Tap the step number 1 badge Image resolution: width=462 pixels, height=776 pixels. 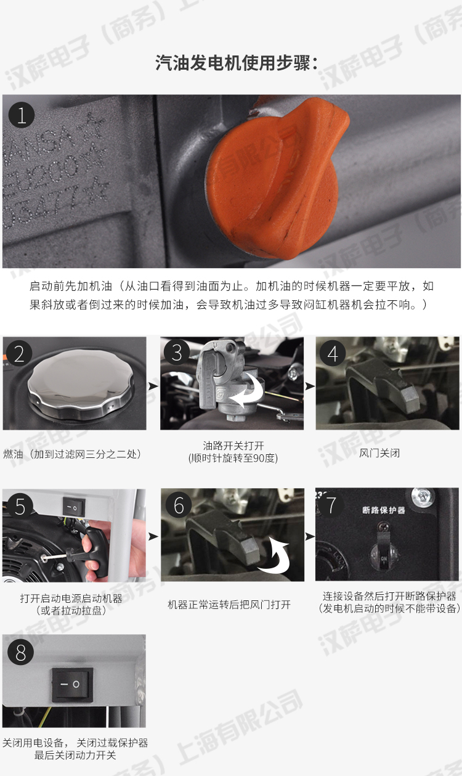pyautogui.click(x=22, y=115)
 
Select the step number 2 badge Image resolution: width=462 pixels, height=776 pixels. pyautogui.click(x=19, y=353)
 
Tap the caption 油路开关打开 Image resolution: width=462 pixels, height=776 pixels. pyautogui.click(x=232, y=445)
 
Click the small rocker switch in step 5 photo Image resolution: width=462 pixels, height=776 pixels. pyautogui.click(x=73, y=507)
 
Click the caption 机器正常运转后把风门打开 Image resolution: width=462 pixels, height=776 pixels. pyautogui.click(x=229, y=605)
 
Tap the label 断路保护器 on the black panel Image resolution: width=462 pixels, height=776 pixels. pyautogui.click(x=383, y=510)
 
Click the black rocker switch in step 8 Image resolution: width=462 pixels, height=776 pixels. pyautogui.click(x=72, y=684)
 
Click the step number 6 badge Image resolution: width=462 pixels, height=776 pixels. pyautogui.click(x=179, y=505)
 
